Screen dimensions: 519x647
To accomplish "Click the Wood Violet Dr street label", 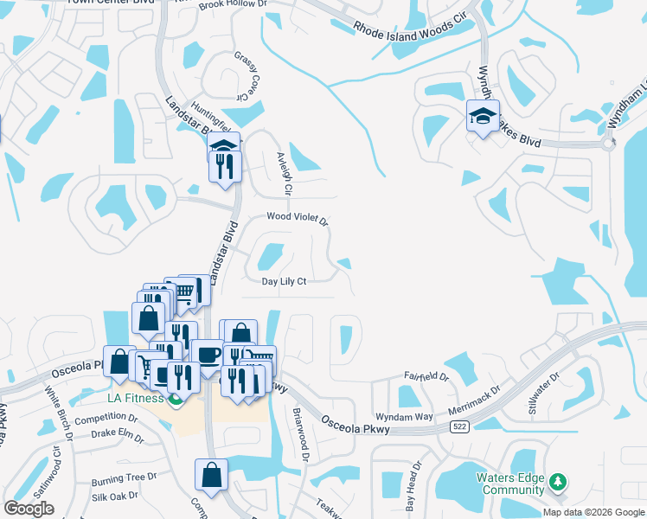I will click(x=298, y=219).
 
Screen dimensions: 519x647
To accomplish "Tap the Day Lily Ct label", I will click(x=285, y=281).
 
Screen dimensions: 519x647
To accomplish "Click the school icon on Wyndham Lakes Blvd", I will click(x=483, y=116).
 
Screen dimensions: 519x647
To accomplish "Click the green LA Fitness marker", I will click(x=176, y=399).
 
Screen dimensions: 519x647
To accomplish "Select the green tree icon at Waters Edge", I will click(x=559, y=481).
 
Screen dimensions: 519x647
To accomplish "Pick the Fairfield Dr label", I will click(x=427, y=377).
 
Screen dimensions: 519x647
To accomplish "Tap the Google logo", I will click(x=29, y=509).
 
